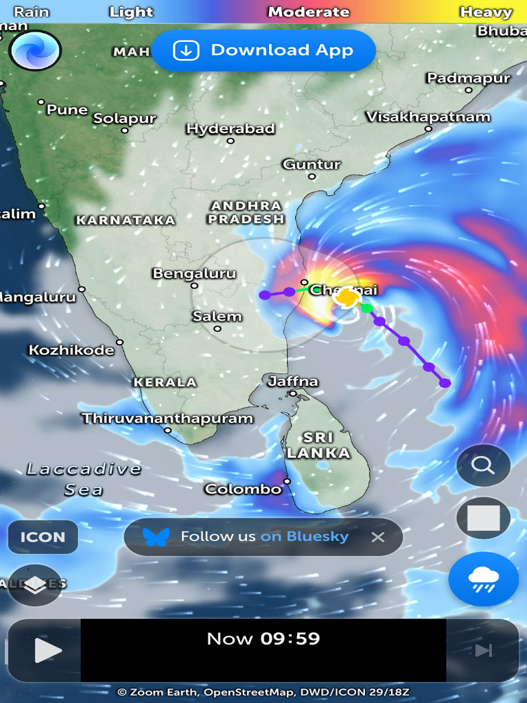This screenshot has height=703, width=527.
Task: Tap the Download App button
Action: coord(263,50)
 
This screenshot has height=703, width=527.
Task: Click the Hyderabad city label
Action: coord(231,129)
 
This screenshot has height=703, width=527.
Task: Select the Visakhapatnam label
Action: coord(428,117)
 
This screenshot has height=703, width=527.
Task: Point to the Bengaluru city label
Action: coord(194,274)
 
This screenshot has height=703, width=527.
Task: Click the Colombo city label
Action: coord(244,489)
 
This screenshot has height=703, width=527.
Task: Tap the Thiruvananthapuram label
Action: coord(167,418)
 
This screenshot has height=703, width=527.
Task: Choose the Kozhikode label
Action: coord(71,350)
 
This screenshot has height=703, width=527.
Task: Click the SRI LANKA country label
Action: coord(318,445)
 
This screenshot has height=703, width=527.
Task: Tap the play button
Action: coord(47,650)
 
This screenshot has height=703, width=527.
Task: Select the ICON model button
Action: coord(43,537)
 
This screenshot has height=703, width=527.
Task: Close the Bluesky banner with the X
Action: coord(377,537)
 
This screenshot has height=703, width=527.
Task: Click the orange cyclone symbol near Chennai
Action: coord(348,297)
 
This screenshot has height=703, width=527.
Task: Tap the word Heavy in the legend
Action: coord(486,12)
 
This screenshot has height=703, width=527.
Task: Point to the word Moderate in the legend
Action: coord(309,12)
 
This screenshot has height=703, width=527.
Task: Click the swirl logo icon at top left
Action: coord(35,50)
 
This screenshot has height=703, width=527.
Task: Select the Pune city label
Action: coord(67,110)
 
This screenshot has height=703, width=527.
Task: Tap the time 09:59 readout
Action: coord(290,638)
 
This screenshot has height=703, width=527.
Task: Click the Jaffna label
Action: coord(293,381)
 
